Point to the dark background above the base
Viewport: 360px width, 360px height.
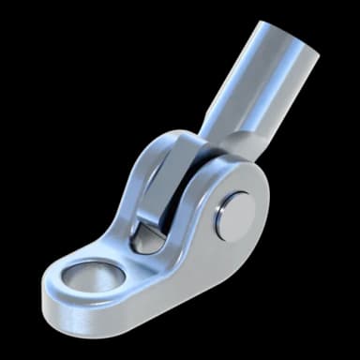[x=75, y=141]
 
